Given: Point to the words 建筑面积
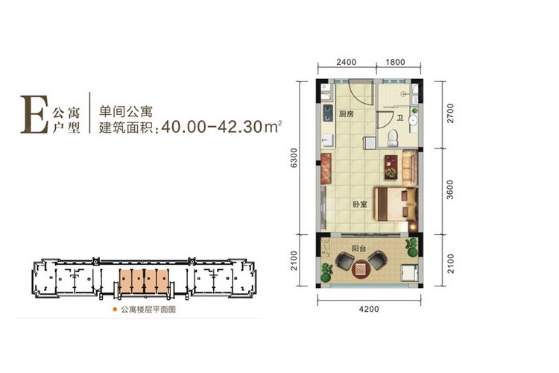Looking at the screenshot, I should click(124, 128).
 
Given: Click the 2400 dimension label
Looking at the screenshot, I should click(346, 63).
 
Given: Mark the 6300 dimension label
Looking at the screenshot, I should click(295, 159).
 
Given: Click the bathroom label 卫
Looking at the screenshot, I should click(400, 118).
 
